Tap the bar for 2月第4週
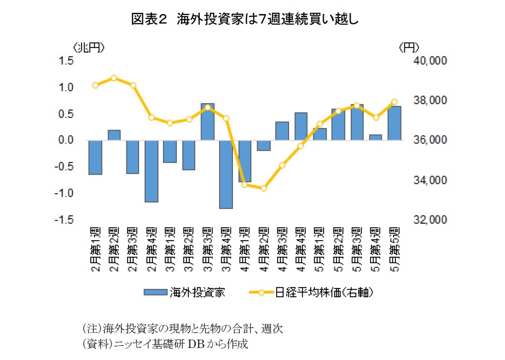pos(151,171)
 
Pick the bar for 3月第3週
pos(208,122)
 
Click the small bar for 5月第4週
pos(375,138)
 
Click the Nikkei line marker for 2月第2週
pos(114,78)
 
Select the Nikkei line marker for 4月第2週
pos(263,188)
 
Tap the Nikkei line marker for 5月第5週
pos(394,102)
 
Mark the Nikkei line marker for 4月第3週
pos(282,165)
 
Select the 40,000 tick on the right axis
pos(429,62)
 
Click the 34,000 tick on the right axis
pos(429,180)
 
